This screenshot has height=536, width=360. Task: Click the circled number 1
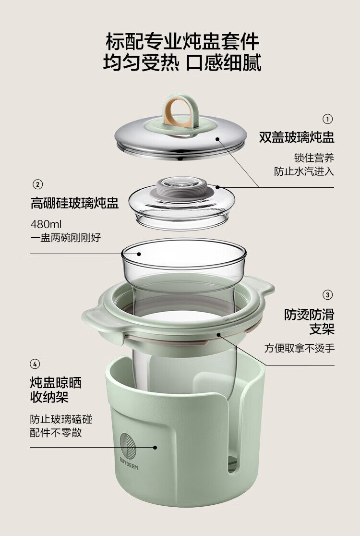coord(327,119)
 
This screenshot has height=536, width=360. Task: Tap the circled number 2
coord(37,184)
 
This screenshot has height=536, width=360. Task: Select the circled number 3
coord(327,295)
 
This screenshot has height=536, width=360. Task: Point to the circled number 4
coord(35,364)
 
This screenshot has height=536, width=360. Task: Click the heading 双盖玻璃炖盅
coord(297,137)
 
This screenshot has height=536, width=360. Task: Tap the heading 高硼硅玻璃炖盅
coord(74,203)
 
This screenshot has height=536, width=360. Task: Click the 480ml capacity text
coord(46,224)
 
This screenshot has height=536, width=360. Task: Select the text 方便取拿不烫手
coord(299,348)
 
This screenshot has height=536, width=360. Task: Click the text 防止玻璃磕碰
coord(61,419)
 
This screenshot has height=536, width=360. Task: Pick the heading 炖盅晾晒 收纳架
coord(56,390)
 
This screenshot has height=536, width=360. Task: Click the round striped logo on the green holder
coord(128,446)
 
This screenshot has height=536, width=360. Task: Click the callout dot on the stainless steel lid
coord(217,139)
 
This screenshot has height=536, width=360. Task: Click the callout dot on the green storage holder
coord(155,447)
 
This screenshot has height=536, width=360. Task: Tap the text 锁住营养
coord(314,158)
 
